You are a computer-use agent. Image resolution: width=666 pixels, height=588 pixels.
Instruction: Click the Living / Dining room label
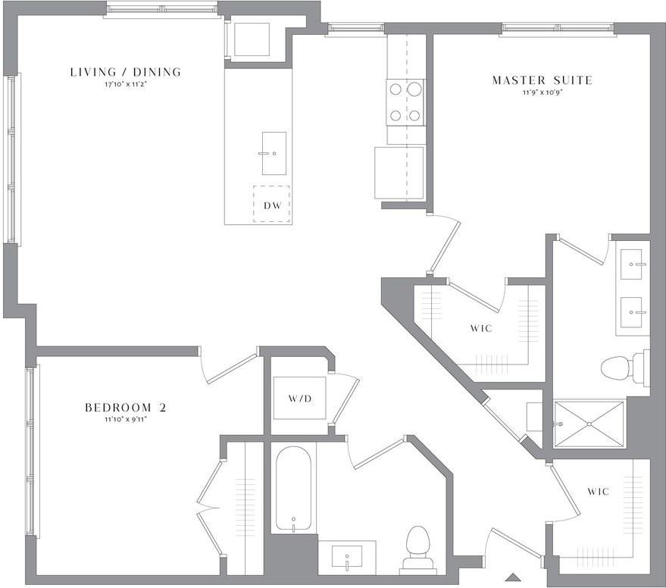126,72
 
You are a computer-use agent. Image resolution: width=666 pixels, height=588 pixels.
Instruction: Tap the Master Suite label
542,80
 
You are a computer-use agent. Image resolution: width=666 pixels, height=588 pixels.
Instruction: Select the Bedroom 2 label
126,408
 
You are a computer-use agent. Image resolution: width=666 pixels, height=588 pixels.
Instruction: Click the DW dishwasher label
272,205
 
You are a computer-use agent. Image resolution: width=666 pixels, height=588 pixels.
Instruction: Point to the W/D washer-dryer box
300,398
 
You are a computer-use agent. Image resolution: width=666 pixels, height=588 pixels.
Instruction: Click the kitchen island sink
274,153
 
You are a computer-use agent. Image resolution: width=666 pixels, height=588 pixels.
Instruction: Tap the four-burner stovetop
405,102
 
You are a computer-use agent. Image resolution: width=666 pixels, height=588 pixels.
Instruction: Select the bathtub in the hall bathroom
293,489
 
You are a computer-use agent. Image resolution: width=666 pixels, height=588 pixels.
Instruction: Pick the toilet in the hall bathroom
417,548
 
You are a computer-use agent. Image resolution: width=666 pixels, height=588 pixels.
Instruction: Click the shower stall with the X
589,424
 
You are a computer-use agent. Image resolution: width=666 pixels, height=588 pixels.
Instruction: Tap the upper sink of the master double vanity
631,264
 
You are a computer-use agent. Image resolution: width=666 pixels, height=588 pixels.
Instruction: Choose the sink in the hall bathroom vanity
346,557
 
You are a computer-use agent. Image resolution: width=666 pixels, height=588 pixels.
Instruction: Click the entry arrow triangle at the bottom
514,577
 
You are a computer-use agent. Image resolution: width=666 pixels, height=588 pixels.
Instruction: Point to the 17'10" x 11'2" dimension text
126,85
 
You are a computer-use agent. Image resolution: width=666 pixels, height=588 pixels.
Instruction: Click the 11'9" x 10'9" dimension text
542,92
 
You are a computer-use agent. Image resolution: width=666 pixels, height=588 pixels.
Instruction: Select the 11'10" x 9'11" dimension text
126,420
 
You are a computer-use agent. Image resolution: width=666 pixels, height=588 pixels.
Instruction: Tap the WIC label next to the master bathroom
481,328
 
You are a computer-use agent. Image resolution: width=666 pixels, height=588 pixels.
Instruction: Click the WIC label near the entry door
599,492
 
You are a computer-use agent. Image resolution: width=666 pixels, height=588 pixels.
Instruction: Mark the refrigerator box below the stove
399,173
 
